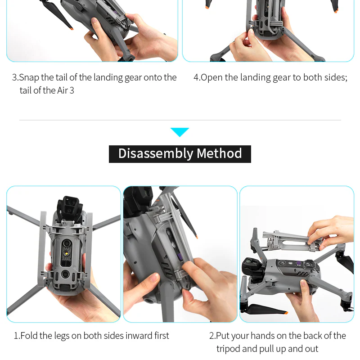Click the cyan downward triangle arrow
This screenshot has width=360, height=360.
(x=180, y=132)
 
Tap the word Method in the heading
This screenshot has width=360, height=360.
(x=219, y=154)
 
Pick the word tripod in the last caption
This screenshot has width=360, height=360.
(x=229, y=349)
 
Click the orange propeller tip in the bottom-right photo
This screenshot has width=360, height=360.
(x=247, y=311)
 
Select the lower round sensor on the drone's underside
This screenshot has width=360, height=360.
(x=65, y=274)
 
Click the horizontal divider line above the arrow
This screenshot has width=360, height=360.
(x=180, y=120)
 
